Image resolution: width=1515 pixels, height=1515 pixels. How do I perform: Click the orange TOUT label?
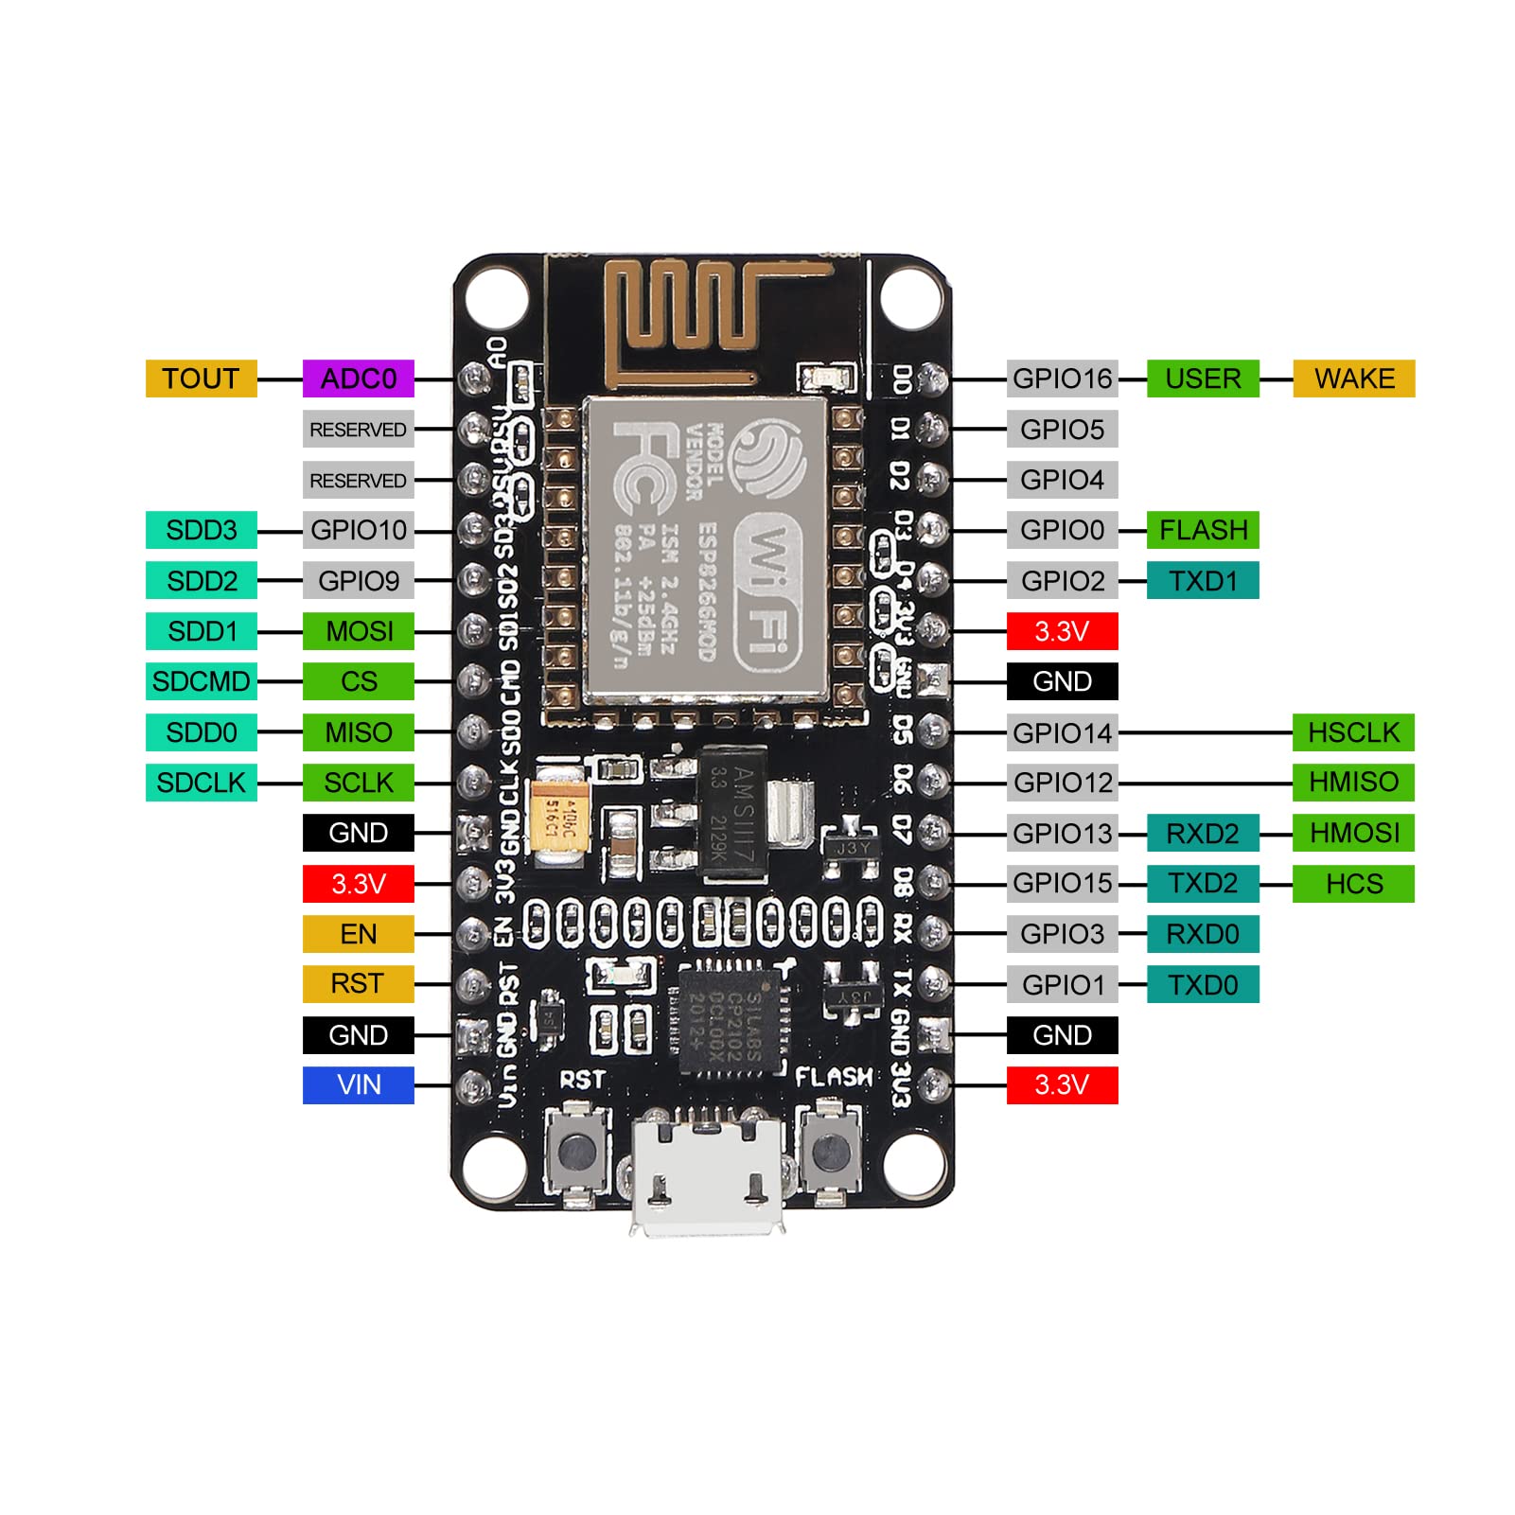(x=201, y=379)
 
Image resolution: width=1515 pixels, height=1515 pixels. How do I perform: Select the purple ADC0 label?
(x=359, y=379)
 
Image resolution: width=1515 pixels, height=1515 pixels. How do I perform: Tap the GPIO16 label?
(x=1062, y=379)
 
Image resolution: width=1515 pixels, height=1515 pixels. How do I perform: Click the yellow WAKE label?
(x=1353, y=379)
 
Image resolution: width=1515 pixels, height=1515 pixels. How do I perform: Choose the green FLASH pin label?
(x=1203, y=530)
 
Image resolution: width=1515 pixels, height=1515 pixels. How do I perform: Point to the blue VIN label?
(x=359, y=1085)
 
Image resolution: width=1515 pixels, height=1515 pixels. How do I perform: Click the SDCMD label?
(x=201, y=681)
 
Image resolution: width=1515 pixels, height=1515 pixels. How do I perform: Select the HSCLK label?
(x=1353, y=732)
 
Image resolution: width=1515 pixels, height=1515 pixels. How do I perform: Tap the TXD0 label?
(x=1203, y=985)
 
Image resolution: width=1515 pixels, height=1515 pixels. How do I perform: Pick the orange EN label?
(x=359, y=934)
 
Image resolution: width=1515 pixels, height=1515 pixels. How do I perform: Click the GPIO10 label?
(x=359, y=530)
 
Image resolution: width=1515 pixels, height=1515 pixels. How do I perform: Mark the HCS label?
(x=1353, y=884)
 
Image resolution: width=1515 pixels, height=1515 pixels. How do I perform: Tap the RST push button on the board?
(x=576, y=1151)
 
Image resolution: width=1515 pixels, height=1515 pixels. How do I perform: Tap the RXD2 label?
(x=1203, y=834)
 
